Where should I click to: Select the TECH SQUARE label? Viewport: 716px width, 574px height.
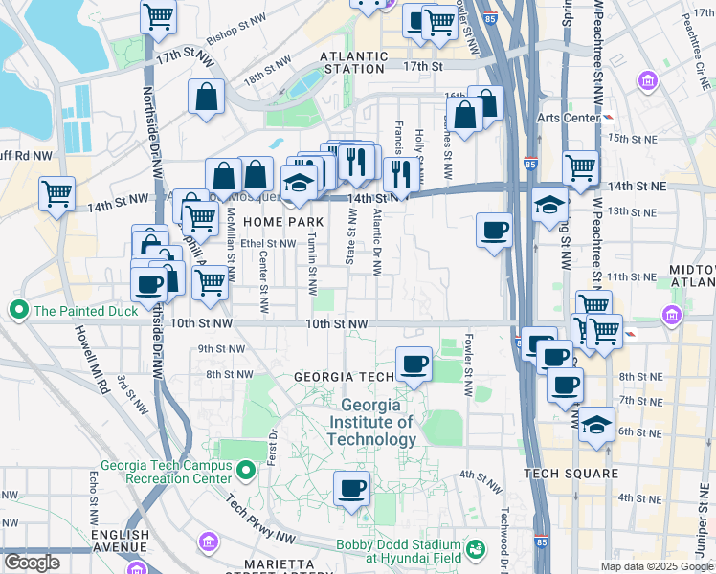click(569, 474)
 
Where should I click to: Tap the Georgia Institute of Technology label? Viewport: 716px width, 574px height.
click(371, 422)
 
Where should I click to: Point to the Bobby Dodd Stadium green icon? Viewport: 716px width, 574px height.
click(475, 550)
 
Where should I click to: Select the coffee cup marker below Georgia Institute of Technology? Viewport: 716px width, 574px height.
click(351, 489)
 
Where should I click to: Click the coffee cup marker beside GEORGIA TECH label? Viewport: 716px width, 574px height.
click(414, 364)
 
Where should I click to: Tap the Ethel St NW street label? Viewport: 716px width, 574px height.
click(268, 244)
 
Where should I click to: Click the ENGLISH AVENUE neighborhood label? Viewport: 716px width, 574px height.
click(121, 541)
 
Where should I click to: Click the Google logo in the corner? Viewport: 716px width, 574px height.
click(32, 563)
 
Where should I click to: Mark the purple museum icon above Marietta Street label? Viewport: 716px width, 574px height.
click(208, 542)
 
